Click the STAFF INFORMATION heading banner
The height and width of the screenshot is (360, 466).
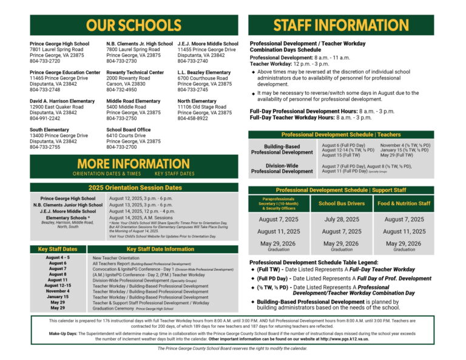pyautogui.click(x=341, y=25)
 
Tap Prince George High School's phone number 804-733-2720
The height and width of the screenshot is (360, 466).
pyautogui.click(x=45, y=61)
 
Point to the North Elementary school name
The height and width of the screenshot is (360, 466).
pyautogui.click(x=197, y=101)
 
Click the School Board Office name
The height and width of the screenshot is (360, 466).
pyautogui.click(x=128, y=130)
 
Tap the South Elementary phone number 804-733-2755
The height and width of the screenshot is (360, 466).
pyautogui.click(x=45, y=147)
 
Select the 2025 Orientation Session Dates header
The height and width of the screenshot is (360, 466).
pyautogui.click(x=135, y=188)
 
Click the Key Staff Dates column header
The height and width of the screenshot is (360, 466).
pyautogui.click(x=58, y=249)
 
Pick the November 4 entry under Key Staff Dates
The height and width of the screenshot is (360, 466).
pyautogui.click(x=58, y=291)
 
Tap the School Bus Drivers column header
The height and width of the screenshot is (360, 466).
pyautogui.click(x=342, y=203)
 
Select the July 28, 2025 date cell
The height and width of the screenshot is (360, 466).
pyautogui.click(x=342, y=219)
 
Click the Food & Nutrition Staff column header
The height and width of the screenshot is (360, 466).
pyautogui.click(x=404, y=203)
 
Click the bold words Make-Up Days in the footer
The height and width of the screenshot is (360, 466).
pyautogui.click(x=63, y=334)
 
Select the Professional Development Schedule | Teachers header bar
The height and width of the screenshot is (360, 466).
pyautogui.click(x=341, y=134)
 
